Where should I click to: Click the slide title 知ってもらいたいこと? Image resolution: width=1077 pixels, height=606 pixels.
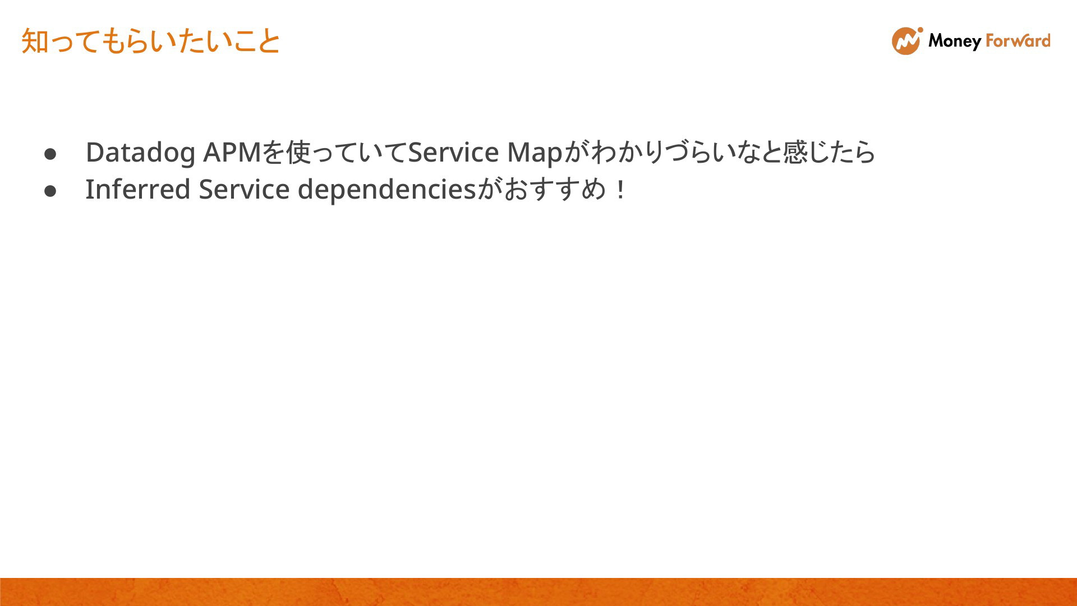(x=151, y=41)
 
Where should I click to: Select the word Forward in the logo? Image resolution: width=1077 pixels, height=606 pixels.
(x=1018, y=40)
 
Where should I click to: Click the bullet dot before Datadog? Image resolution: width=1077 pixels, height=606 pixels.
(x=50, y=153)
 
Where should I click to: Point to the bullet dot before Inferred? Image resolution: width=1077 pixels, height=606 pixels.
(x=50, y=191)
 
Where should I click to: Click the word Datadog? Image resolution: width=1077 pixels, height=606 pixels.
(x=140, y=153)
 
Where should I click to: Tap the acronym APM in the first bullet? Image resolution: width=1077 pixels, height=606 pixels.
(x=232, y=152)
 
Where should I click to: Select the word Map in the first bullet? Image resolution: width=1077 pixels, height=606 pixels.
(x=535, y=153)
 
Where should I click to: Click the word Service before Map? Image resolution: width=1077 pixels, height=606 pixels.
(x=453, y=152)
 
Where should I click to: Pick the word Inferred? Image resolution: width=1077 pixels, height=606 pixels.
(x=138, y=189)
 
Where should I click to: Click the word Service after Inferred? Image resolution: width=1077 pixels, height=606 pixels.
(x=244, y=189)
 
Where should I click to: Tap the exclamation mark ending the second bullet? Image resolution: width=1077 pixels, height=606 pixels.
(x=620, y=190)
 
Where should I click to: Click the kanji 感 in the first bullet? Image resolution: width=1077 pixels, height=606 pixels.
(x=795, y=152)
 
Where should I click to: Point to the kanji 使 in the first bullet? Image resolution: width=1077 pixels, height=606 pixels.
(x=298, y=152)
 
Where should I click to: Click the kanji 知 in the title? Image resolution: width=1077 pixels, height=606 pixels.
(x=35, y=42)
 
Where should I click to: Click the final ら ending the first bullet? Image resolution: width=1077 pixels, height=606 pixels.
(x=864, y=152)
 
